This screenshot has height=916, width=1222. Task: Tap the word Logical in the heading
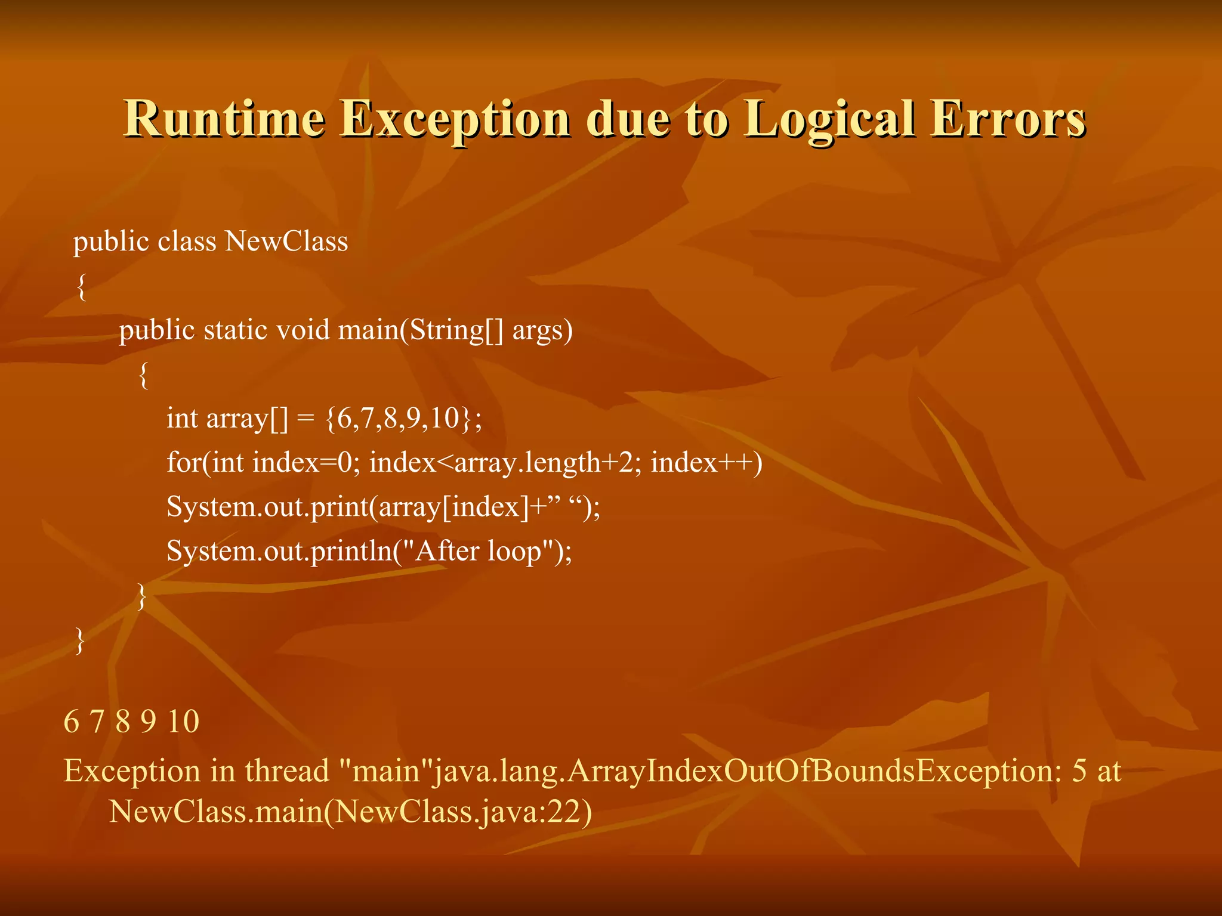(830, 119)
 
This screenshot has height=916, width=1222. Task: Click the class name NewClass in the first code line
(286, 242)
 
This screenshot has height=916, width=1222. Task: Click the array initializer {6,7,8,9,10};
(403, 418)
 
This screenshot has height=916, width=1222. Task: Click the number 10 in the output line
(183, 722)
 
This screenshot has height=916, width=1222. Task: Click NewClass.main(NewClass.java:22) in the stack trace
(351, 811)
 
